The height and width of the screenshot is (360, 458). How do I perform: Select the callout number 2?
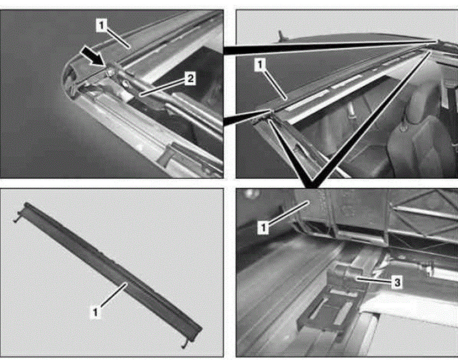pos(190,79)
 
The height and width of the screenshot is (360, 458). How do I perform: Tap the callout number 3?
pos(397,283)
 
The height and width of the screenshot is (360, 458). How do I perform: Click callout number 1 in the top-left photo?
pos(101,26)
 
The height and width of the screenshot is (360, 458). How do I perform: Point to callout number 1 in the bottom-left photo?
pos(96,312)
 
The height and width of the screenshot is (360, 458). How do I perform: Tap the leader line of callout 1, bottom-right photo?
pos(288,213)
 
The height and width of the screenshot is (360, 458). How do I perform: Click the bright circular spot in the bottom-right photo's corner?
pos(249,193)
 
